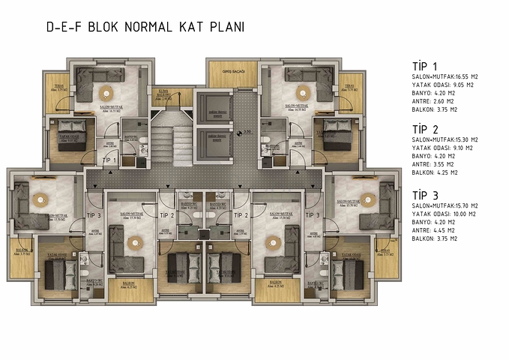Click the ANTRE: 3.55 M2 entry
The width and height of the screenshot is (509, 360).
[436, 164]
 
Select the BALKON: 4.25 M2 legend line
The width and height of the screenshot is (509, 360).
[438, 172]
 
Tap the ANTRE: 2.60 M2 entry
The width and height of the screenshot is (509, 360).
[436, 101]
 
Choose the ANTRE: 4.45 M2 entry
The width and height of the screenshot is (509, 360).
[436, 230]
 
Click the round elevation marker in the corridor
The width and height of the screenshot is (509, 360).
[238, 133]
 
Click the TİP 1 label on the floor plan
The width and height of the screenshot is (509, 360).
[109, 160]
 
